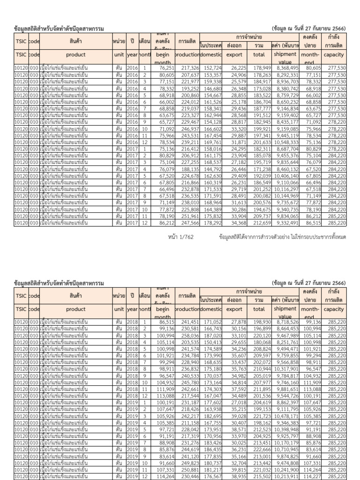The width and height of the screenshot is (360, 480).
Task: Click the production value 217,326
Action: coord(187,68)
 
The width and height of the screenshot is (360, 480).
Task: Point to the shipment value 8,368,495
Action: coord(285,68)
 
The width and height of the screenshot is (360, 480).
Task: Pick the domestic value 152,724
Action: coord(211,68)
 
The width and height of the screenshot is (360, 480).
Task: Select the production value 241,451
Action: coord(187,323)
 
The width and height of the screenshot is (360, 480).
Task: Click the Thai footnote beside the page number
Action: coord(282,237)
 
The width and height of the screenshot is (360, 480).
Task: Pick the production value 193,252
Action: coord(187,89)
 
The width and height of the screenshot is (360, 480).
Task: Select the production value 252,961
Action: coord(187,217)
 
